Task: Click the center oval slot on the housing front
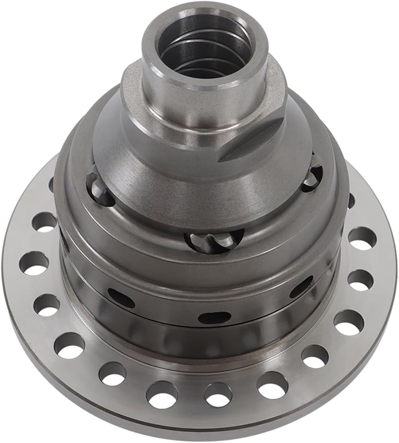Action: tap(214, 317)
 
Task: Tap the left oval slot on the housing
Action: tap(121, 298)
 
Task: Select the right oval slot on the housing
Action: tap(301, 287)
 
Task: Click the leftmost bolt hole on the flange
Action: tap(33, 263)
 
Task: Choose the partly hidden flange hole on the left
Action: tap(52, 185)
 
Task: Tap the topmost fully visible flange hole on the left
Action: tap(44, 222)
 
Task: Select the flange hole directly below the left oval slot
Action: tap(112, 373)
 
